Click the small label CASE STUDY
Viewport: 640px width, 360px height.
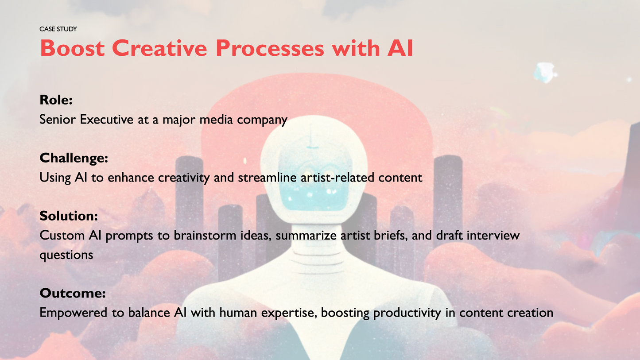point(58,29)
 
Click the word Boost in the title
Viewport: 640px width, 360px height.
point(72,48)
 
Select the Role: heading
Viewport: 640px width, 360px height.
point(56,100)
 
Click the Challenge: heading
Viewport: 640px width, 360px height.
point(74,158)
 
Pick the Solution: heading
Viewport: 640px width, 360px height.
point(69,216)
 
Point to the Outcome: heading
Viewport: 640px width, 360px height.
point(73,293)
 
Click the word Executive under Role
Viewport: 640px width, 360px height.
point(107,120)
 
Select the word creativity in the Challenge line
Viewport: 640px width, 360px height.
point(184,178)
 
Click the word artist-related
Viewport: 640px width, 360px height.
point(337,178)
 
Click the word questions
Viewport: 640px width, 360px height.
point(66,255)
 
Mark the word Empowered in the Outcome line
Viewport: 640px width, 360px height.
point(74,313)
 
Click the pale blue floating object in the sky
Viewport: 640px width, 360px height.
point(545,73)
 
